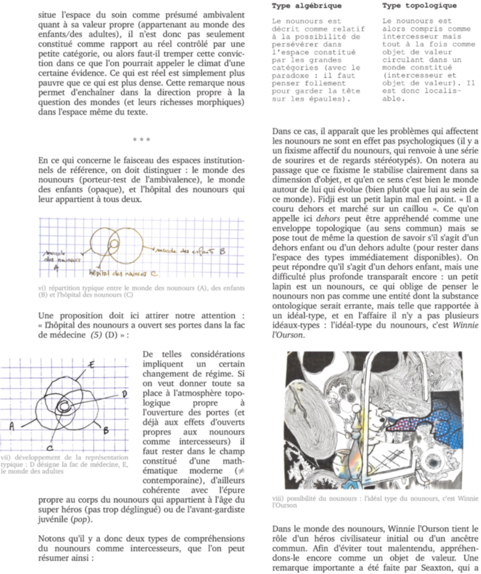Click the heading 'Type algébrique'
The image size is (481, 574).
point(306,6)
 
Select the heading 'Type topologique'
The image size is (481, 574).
point(419,6)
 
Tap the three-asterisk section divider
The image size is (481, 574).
point(141,140)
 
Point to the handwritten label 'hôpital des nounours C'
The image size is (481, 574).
point(123,273)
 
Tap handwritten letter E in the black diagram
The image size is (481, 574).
point(91,364)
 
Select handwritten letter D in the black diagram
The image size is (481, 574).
point(124,394)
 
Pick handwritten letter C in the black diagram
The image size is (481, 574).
point(50,448)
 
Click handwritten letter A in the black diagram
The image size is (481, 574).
point(12,427)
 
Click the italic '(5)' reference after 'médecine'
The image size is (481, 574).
point(96,335)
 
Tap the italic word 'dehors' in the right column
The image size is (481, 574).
point(327,219)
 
